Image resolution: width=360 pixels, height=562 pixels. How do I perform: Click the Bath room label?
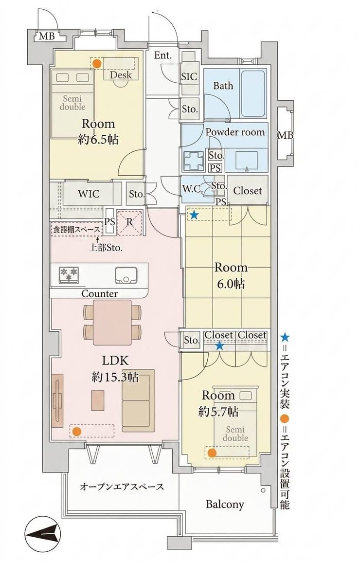223,86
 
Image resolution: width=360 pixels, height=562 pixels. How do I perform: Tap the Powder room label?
235,132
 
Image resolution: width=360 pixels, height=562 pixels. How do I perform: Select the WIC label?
89,194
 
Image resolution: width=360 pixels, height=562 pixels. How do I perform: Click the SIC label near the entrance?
189,76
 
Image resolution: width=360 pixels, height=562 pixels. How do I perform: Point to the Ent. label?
163,55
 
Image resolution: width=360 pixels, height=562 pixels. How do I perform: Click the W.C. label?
193,189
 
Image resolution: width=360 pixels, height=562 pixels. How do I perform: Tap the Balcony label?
225,504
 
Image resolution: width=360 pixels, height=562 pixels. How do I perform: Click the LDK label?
115,360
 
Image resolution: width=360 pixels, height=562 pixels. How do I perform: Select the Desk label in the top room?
120,75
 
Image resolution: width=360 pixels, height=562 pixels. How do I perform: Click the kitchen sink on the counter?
126,275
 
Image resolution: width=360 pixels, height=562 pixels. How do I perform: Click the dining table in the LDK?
112,322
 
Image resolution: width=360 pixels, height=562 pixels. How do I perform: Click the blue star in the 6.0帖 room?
194,215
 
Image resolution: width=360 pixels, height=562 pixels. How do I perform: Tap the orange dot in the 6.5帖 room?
96,64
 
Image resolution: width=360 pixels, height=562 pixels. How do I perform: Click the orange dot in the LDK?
76,432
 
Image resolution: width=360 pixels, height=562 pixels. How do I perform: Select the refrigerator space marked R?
130,222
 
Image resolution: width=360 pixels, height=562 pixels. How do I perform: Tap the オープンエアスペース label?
122,487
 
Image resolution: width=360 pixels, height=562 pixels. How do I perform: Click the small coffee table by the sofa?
98,400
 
